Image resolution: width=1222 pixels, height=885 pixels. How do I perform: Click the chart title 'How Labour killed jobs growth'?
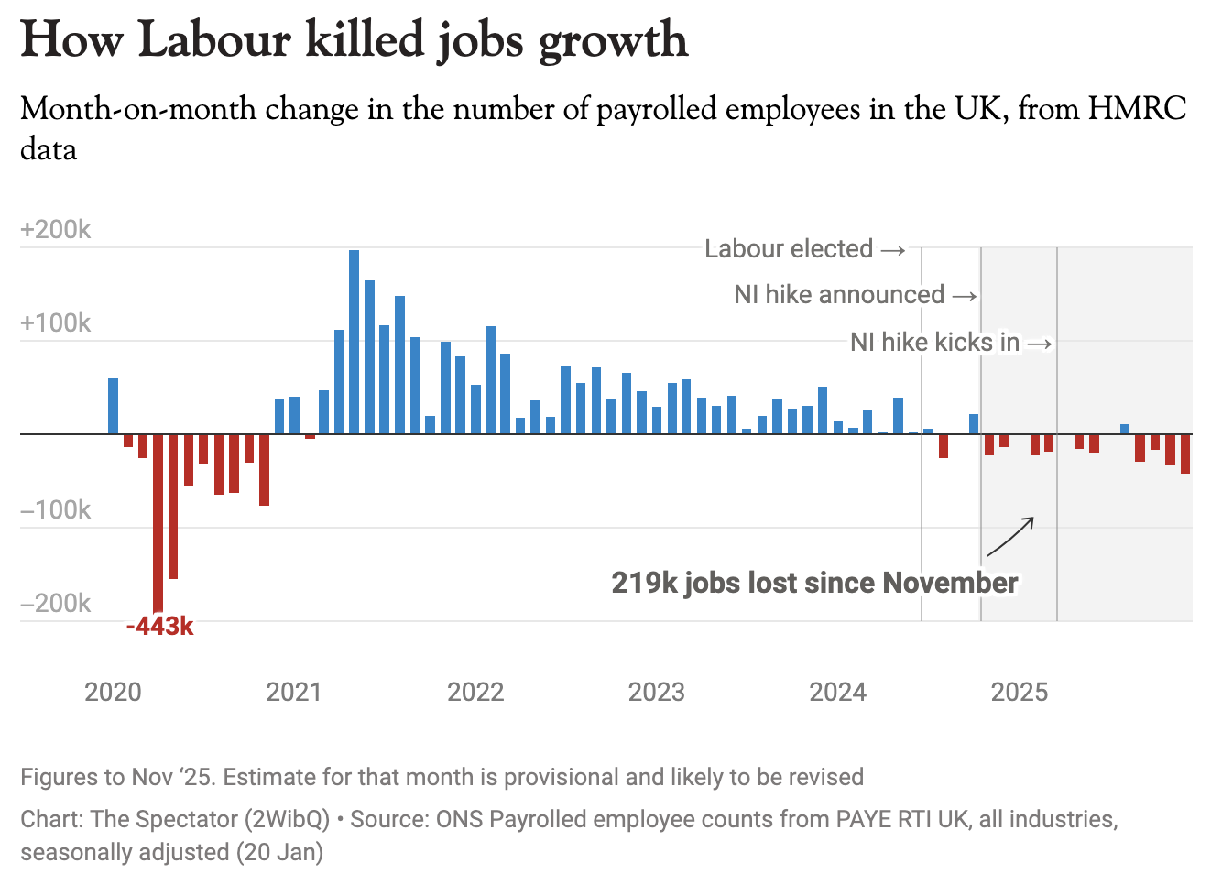coord(354,40)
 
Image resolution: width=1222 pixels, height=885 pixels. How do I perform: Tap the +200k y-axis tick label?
coord(56,230)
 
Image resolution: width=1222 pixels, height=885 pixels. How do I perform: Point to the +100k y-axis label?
coord(56,323)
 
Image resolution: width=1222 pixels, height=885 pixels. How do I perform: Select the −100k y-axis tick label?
coord(56,510)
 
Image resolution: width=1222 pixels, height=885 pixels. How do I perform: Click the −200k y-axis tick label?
coord(56,604)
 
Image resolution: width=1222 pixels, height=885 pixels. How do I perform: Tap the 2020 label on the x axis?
coord(113,692)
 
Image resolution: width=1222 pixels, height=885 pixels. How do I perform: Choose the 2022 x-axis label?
coord(475,692)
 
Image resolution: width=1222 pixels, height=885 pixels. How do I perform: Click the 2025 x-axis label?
coord(1019,692)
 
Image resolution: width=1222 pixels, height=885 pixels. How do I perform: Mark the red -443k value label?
coord(160,627)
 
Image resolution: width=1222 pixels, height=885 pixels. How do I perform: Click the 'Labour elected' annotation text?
coord(789,249)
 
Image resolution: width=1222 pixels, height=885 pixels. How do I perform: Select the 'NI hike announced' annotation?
coord(839,295)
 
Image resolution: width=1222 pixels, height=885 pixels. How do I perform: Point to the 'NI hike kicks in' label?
coord(934,343)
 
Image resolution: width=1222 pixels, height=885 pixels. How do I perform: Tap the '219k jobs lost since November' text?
coord(814,583)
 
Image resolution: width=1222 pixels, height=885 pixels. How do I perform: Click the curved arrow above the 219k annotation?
coord(1010,537)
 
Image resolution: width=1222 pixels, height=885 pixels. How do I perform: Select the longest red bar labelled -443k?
coord(158,522)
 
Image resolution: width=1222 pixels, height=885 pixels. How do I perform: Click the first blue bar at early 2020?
coord(113,406)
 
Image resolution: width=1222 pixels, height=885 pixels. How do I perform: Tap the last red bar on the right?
coord(1185,453)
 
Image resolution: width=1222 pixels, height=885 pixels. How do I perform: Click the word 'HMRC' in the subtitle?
coord(1137,109)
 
